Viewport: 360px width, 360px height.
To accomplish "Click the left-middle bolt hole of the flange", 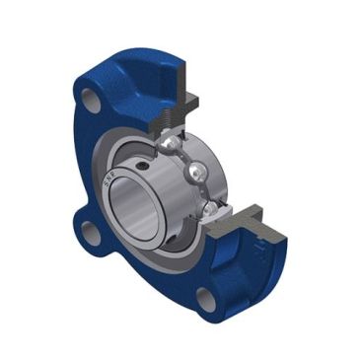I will click(x=91, y=236).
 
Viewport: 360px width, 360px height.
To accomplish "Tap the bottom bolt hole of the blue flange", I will click(x=205, y=299).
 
